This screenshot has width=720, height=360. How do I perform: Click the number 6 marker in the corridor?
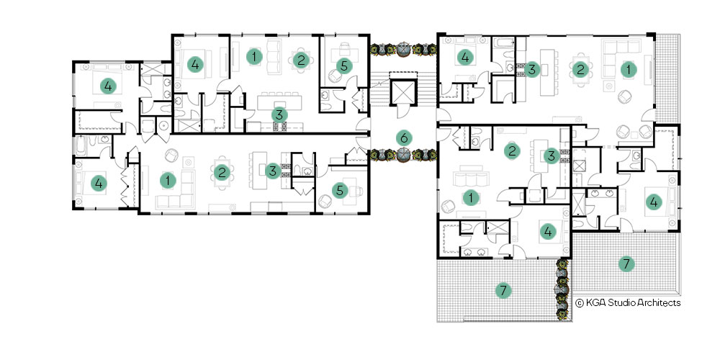click(x=404, y=138)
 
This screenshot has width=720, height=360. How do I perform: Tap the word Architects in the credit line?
click(x=652, y=302)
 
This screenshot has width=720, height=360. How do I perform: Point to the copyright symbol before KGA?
click(x=580, y=302)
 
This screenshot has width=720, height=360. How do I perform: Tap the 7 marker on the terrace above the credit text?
click(x=626, y=264)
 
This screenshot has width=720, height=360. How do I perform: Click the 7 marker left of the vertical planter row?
click(x=504, y=290)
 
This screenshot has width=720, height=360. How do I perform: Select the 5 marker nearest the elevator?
click(x=344, y=66)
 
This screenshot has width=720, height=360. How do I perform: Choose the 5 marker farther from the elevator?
click(x=339, y=189)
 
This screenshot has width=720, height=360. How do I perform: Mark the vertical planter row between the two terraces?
click(x=562, y=289)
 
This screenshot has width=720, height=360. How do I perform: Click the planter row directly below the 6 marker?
click(x=403, y=155)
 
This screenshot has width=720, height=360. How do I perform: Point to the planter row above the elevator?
click(x=403, y=49)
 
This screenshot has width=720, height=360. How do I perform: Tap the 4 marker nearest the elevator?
click(x=465, y=58)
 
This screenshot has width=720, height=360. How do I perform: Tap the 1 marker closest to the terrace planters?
click(x=471, y=198)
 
